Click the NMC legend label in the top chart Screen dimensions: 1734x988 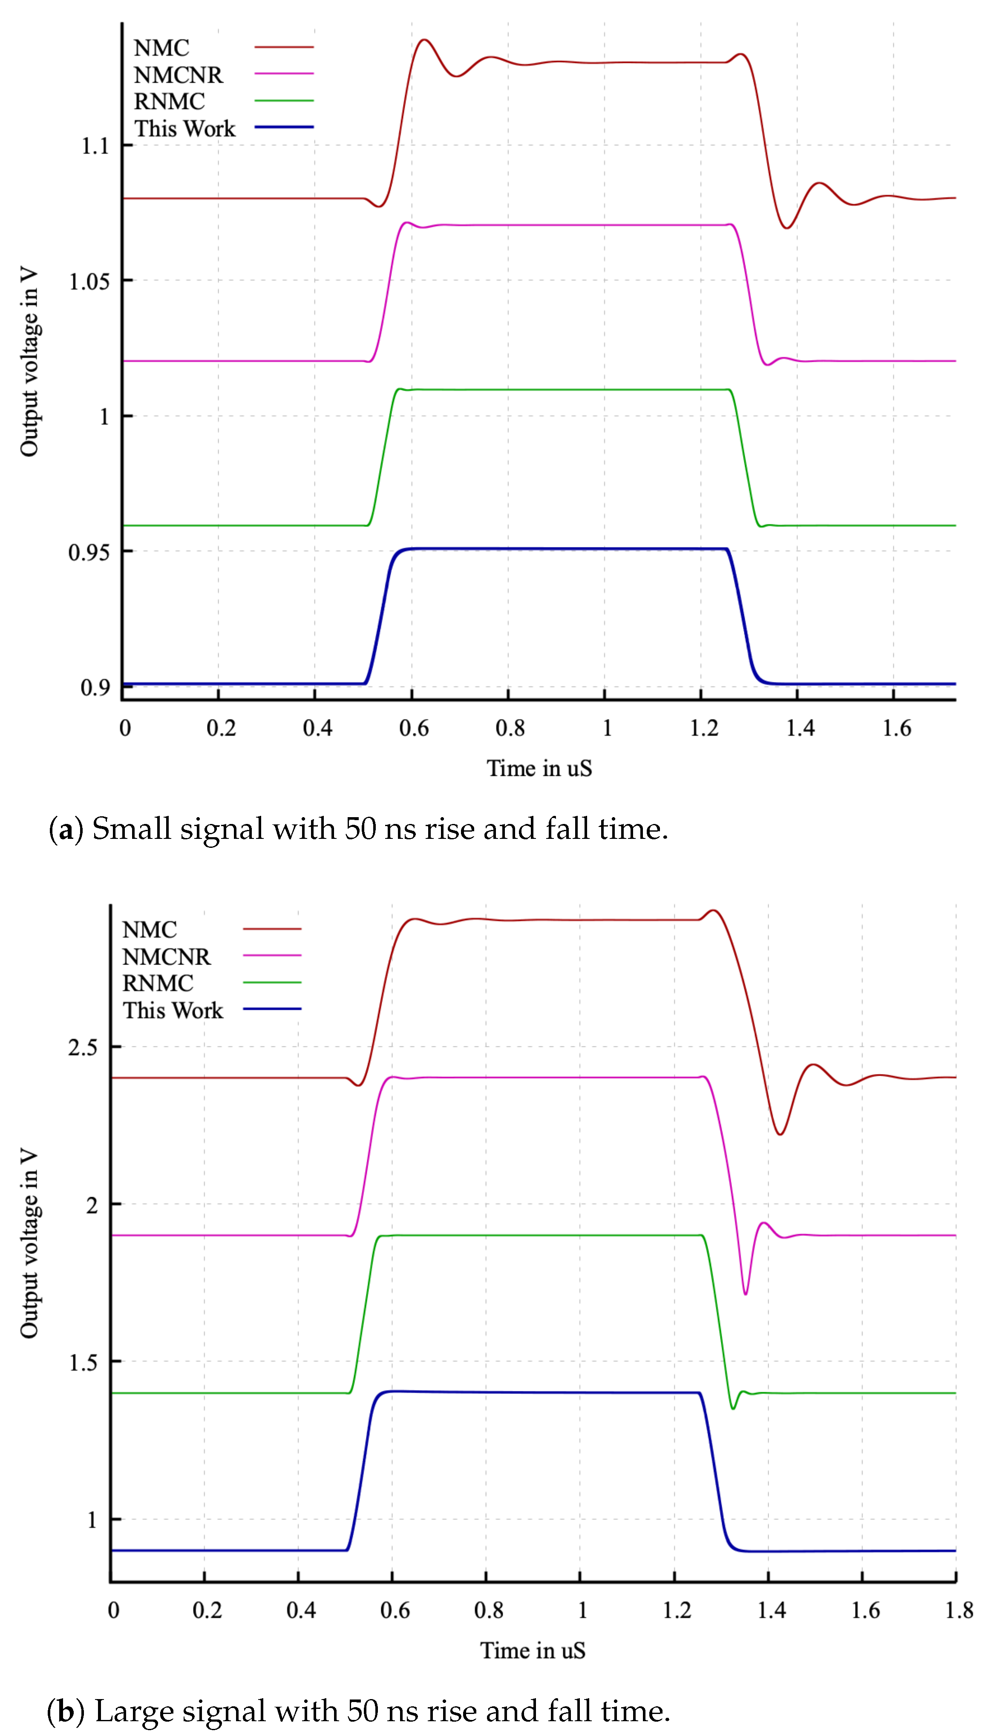[x=161, y=48]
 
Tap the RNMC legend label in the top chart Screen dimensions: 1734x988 [x=169, y=102]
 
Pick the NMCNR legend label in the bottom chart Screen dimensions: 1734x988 [x=166, y=956]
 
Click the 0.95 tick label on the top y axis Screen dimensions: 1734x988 [x=89, y=552]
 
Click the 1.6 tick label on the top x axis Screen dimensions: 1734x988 [x=896, y=729]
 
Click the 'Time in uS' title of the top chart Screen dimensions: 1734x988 [x=539, y=769]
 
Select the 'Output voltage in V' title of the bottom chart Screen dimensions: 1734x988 [x=29, y=1243]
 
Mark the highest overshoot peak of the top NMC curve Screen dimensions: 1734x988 [x=424, y=40]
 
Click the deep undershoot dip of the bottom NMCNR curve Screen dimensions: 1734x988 [x=746, y=1294]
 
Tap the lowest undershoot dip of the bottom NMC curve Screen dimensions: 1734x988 [x=781, y=1134]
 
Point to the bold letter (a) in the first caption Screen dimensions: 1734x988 [x=66, y=830]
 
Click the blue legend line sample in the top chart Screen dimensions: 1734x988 [x=284, y=127]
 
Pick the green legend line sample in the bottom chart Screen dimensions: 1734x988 [x=272, y=982]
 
